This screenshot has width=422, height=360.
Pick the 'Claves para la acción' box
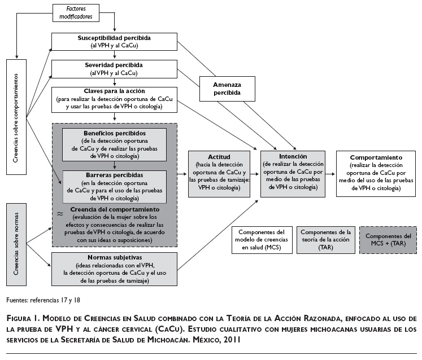coord(114,99)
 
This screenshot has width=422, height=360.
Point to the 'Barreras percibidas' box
coord(115,187)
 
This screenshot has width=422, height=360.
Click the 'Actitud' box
coord(217,173)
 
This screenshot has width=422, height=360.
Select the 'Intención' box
coord(293,173)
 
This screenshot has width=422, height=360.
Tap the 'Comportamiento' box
coord(376,173)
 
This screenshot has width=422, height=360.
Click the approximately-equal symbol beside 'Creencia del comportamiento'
coord(60,213)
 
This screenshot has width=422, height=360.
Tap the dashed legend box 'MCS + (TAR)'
coord(389,239)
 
